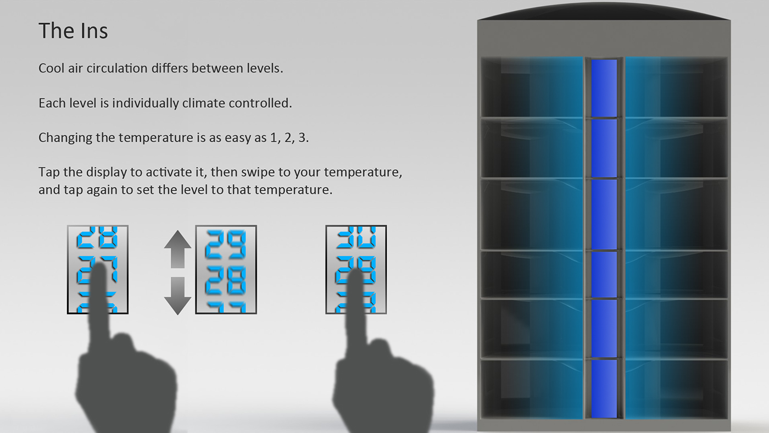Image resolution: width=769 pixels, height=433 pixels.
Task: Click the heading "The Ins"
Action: tap(73, 31)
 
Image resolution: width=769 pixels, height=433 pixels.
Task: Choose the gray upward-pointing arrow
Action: tap(177, 249)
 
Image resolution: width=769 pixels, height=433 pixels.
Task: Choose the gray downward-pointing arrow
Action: tap(177, 296)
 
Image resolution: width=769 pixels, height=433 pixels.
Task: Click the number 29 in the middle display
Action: tap(226, 245)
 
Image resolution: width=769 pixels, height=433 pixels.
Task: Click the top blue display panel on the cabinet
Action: tap(604, 88)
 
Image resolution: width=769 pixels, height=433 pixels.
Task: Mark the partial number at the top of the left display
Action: tap(98, 237)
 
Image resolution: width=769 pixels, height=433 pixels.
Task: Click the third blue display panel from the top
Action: tap(604, 214)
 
